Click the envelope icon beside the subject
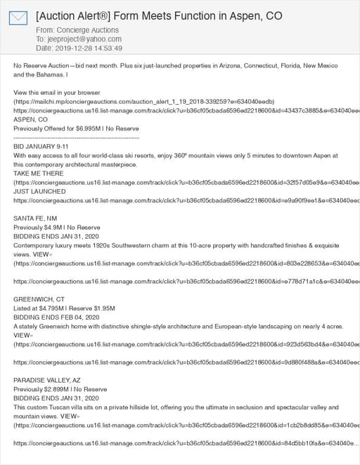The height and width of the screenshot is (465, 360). tap(18, 18)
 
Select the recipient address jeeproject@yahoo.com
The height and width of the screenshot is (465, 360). tap(84, 39)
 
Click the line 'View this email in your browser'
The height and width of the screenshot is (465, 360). tap(57, 93)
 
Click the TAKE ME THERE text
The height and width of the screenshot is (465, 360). tap(39, 173)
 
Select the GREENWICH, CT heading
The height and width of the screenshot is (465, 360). tap(39, 299)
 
